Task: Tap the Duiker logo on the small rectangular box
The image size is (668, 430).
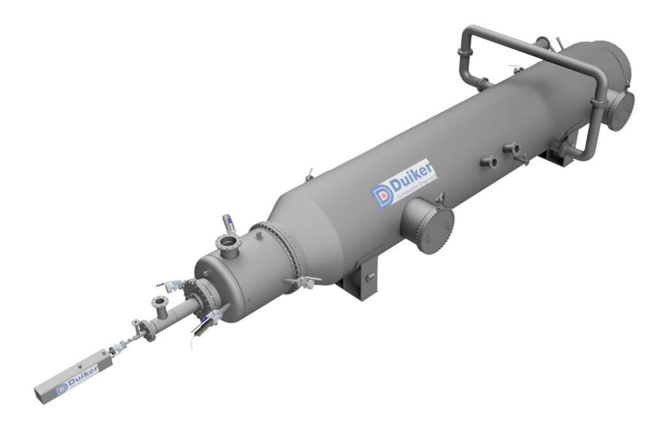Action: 77,378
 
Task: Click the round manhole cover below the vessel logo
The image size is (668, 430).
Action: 430,225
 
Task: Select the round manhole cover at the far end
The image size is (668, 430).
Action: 621,109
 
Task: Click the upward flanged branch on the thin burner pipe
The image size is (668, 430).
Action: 159,303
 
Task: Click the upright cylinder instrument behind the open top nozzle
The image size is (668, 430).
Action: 229,224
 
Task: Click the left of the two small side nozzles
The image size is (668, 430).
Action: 489,161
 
